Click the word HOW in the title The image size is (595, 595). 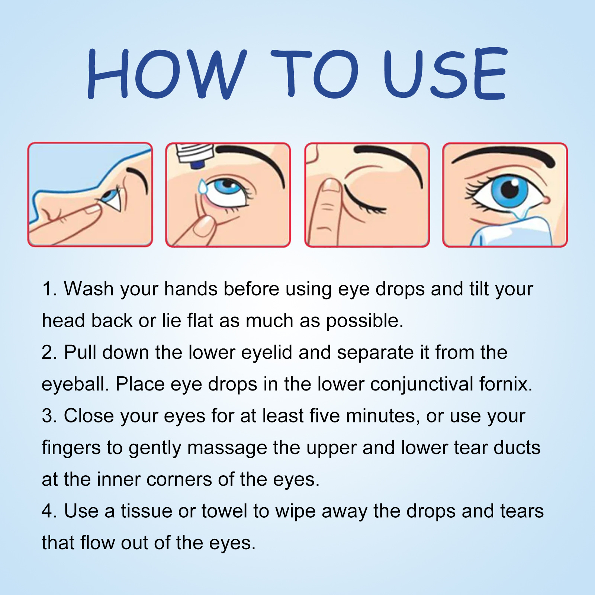click(x=167, y=74)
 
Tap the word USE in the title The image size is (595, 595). click(x=445, y=74)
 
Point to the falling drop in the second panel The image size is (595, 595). click(x=203, y=186)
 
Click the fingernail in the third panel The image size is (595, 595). click(x=331, y=185)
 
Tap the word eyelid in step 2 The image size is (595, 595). click(x=267, y=353)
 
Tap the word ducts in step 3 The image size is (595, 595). click(x=517, y=448)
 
